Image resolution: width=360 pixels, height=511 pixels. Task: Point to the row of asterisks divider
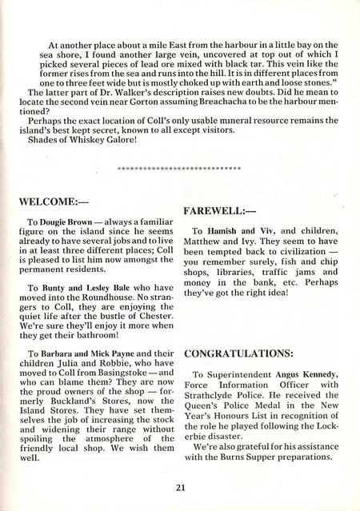point(179,169)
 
